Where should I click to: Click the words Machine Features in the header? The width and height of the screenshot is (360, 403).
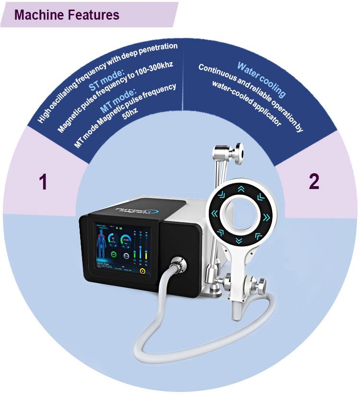point(67,14)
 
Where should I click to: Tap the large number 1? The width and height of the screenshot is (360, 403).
point(43,182)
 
